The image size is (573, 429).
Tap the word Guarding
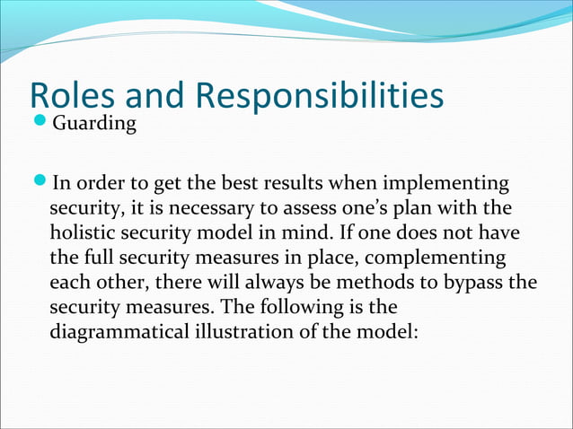95,123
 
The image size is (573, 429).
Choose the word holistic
84,233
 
